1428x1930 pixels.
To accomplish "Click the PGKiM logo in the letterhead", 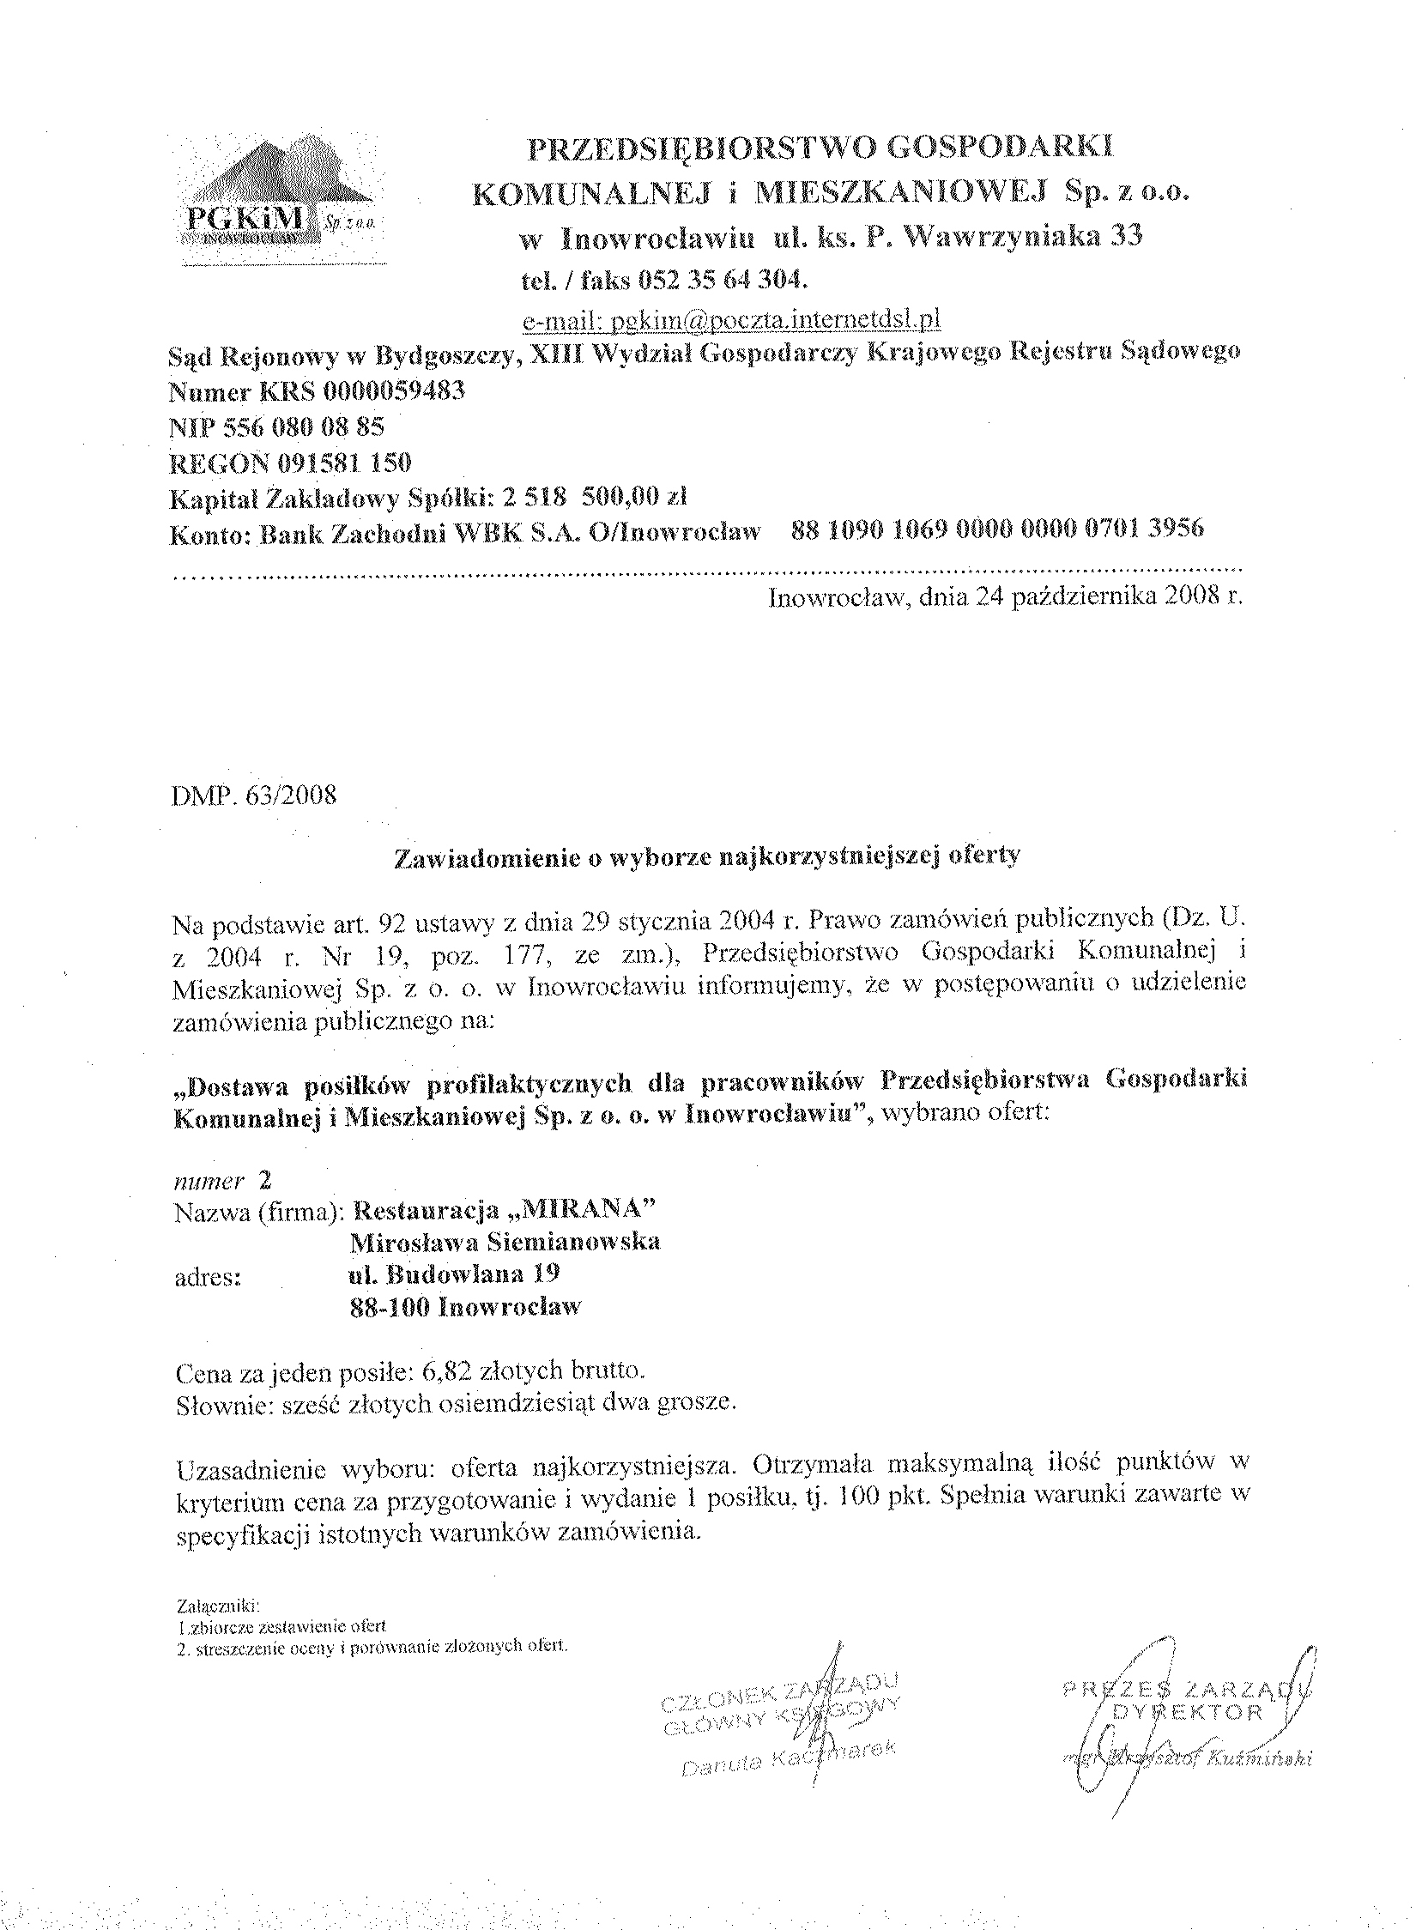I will click(x=273, y=200).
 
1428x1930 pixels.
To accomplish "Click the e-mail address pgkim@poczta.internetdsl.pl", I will click(x=731, y=321).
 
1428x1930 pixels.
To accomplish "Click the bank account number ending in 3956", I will click(x=996, y=529).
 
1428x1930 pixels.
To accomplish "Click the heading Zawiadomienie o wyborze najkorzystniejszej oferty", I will click(x=707, y=856).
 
